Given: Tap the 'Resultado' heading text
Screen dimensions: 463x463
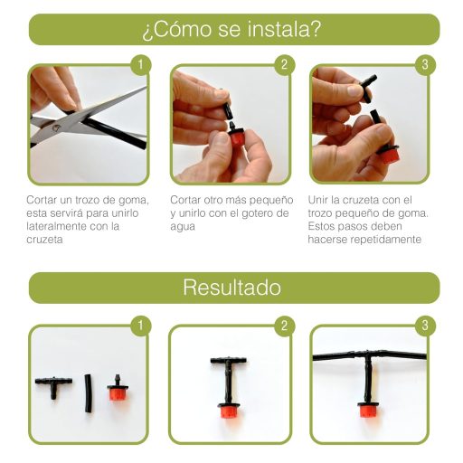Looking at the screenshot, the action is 231,288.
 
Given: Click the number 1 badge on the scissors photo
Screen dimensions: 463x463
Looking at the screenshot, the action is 141,64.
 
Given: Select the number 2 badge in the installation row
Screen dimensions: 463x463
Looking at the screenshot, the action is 284,64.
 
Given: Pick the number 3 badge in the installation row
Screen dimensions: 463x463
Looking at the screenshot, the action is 425,64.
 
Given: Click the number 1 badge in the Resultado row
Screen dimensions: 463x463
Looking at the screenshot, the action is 141,326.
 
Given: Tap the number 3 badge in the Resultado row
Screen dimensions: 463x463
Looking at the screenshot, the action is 425,326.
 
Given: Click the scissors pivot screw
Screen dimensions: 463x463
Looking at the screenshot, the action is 55,128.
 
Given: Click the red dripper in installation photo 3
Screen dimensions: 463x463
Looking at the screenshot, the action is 388,153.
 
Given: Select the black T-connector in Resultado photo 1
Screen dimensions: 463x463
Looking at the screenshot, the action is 53,386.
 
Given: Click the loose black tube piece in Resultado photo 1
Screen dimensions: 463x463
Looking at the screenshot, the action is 89,393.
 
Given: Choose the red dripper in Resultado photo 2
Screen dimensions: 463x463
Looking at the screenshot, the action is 230,411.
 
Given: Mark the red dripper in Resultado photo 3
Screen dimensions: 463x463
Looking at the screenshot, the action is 367,410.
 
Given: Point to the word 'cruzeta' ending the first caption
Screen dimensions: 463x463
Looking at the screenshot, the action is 44,240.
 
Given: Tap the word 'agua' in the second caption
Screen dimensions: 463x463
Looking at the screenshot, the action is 183,227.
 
